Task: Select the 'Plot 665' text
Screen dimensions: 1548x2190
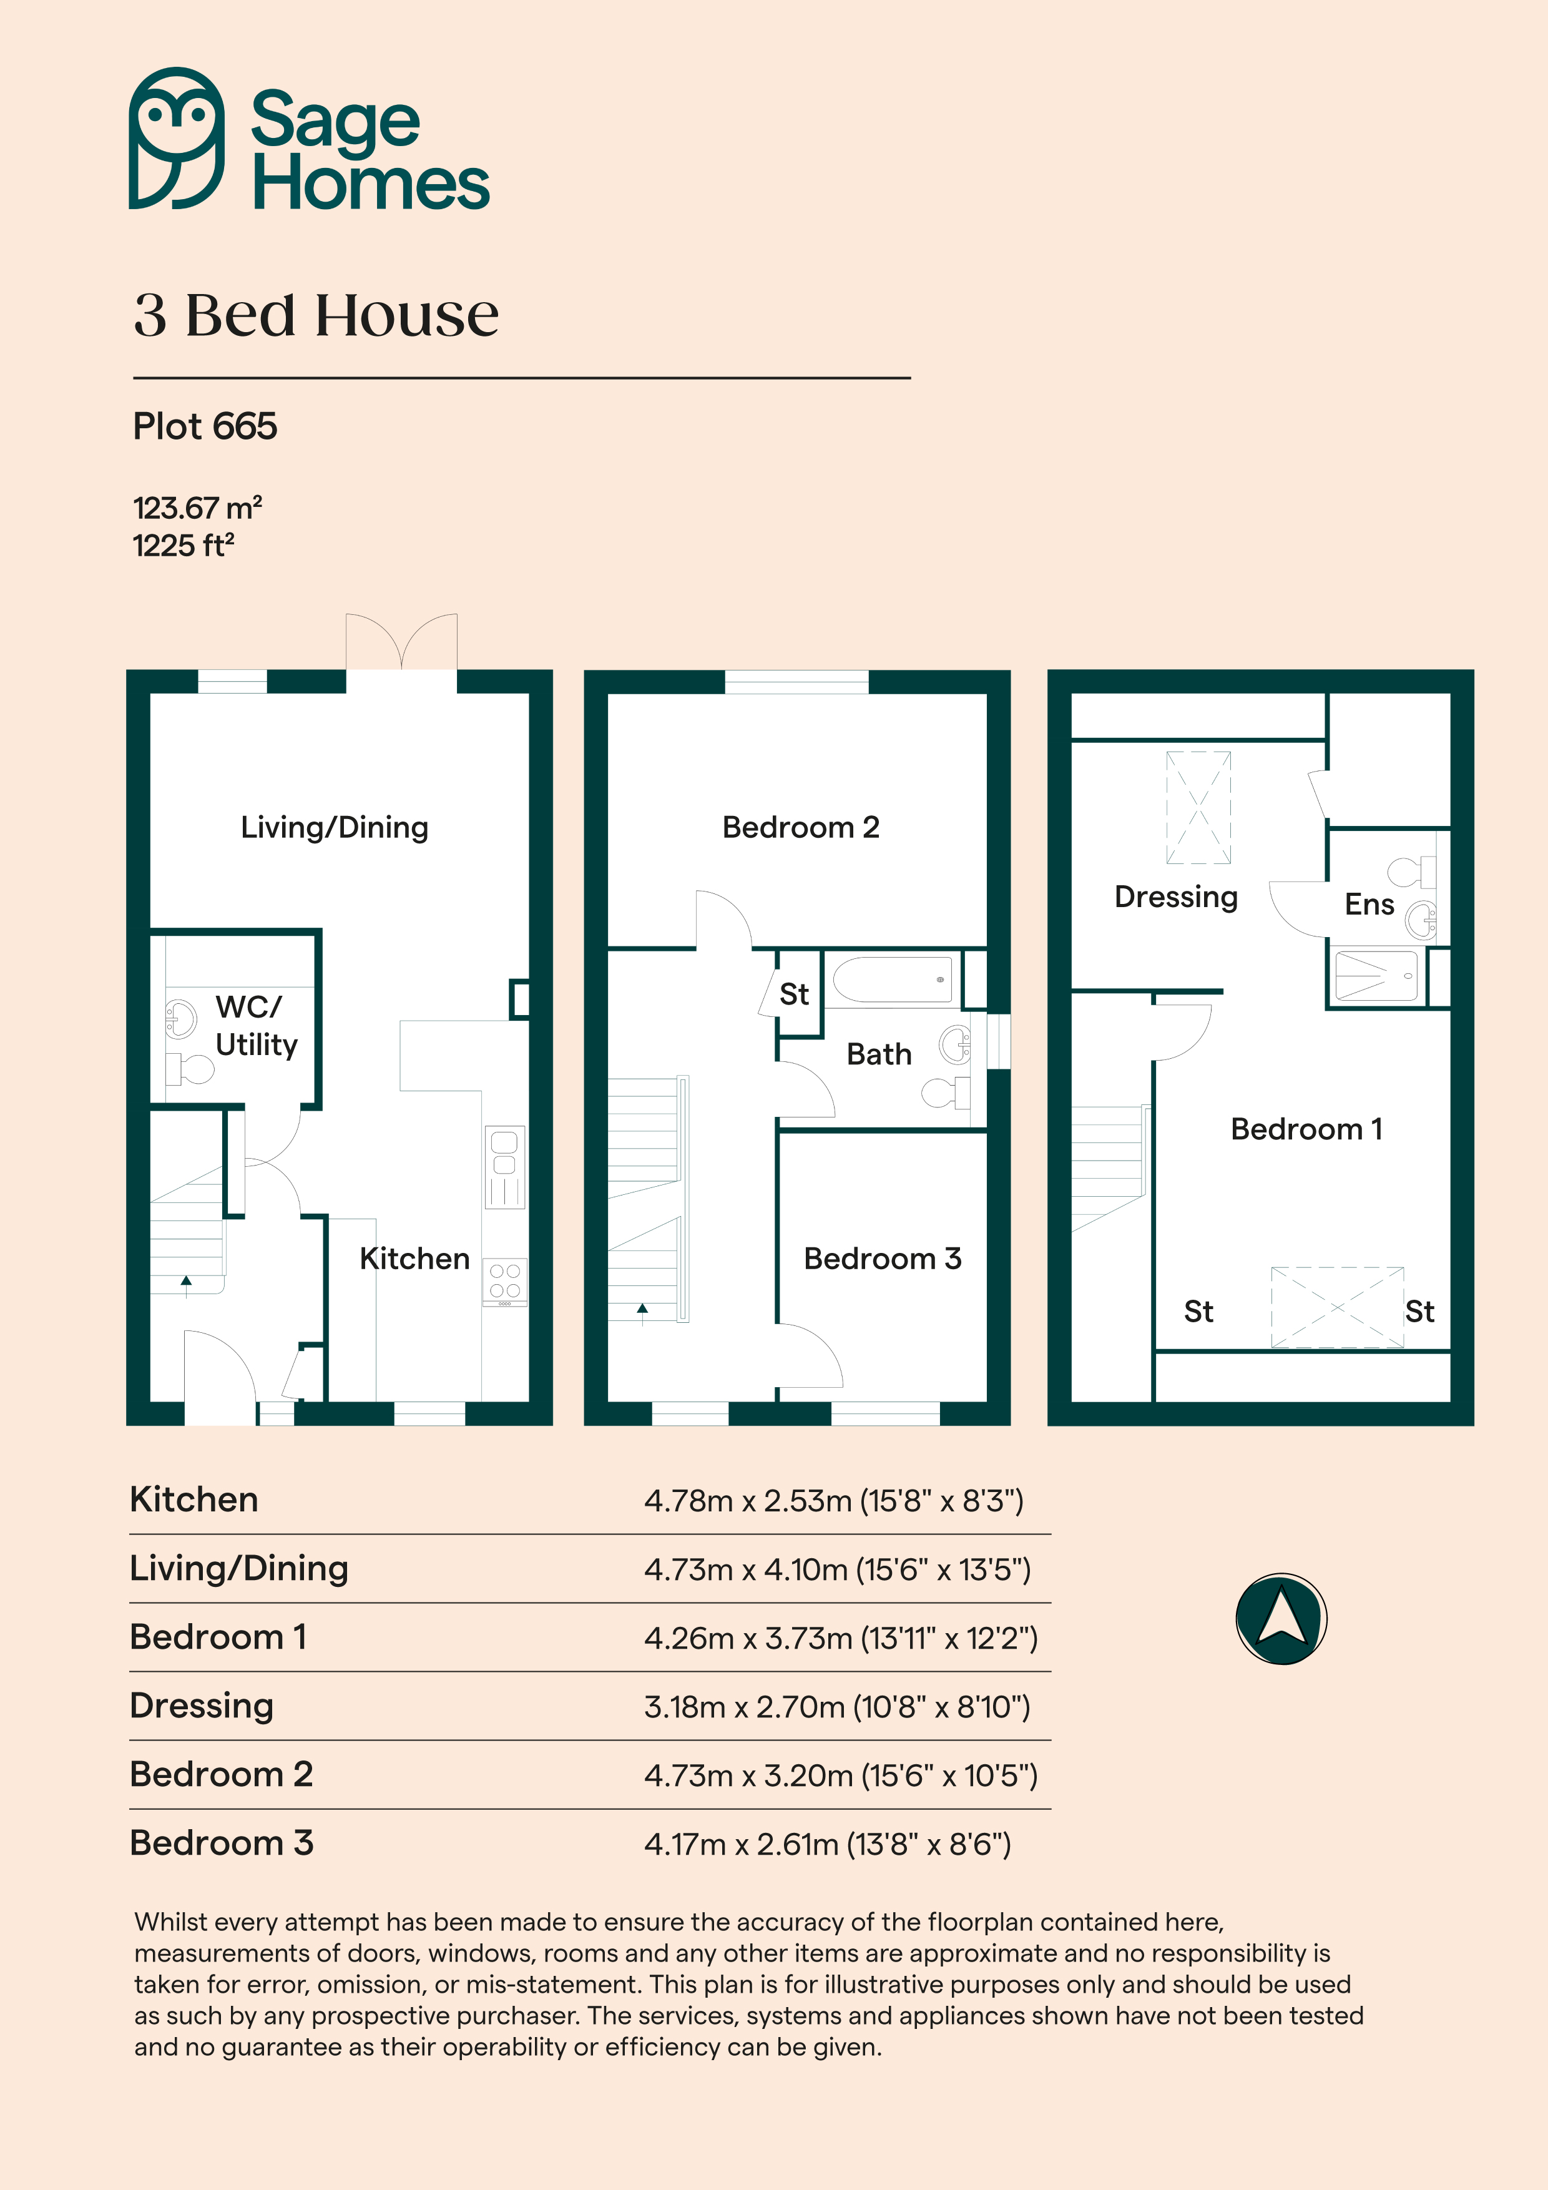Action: pyautogui.click(x=205, y=426)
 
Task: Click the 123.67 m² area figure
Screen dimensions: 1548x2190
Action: pyautogui.click(x=197, y=508)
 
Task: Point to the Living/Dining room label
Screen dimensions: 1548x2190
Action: pyautogui.click(x=335, y=827)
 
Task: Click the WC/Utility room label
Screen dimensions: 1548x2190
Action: pyautogui.click(x=256, y=1025)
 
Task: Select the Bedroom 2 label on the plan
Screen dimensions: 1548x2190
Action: pyautogui.click(x=801, y=827)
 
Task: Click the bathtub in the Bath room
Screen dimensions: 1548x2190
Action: pyautogui.click(x=892, y=979)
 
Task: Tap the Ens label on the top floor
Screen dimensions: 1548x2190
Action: pyautogui.click(x=1369, y=904)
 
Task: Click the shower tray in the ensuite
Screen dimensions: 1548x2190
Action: pyautogui.click(x=1375, y=975)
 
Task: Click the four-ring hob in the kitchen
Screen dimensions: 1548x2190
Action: pyautogui.click(x=504, y=1281)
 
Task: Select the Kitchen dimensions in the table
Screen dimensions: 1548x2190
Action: pyautogui.click(x=834, y=1500)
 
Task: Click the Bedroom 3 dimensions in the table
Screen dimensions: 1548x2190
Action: pyautogui.click(x=828, y=1844)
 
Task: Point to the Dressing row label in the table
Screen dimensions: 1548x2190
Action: pyautogui.click(x=201, y=1706)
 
